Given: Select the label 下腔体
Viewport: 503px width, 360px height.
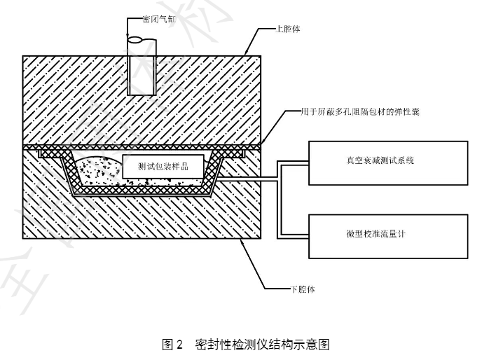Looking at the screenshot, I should [302, 289].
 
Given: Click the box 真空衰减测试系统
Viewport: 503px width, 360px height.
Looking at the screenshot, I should [387, 162].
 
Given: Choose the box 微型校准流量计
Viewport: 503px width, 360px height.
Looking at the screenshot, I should [387, 234].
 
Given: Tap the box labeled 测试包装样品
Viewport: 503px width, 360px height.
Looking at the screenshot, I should [164, 167].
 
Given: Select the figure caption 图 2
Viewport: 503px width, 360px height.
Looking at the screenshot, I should [172, 344].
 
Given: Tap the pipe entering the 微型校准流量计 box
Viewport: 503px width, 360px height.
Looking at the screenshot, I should [294, 235].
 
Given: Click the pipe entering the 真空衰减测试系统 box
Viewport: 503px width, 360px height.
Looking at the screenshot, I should [294, 164].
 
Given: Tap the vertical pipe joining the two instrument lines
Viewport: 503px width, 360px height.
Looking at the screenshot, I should [280, 200].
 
